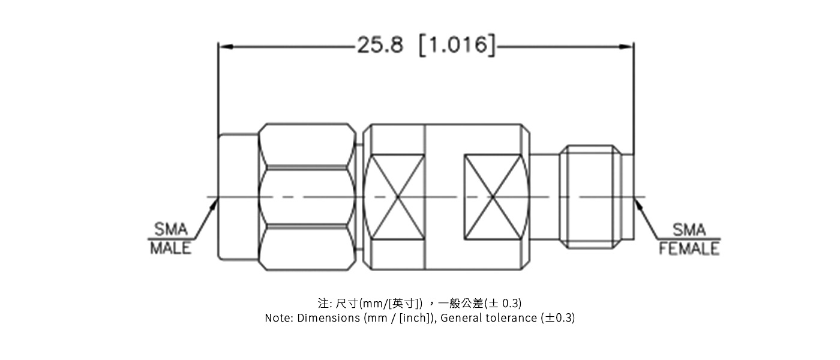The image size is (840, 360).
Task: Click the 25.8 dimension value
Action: (380, 46)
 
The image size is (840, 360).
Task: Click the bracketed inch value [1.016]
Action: (457, 46)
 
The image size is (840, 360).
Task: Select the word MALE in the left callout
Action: (170, 248)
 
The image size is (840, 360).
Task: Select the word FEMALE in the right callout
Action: (689, 248)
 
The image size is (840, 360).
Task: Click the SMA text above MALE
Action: (170, 229)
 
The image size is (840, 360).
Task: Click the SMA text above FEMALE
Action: (689, 229)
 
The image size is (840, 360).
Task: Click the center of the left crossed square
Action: (397, 197)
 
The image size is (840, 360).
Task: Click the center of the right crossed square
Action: (493, 197)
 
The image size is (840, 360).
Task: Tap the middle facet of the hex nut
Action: (307, 197)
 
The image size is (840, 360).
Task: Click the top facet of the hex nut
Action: (307, 145)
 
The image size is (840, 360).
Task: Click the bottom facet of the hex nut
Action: (307, 249)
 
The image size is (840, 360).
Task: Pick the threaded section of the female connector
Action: (590, 197)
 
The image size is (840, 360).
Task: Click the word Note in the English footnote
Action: (277, 318)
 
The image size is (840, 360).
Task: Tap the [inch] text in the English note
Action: (415, 318)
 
